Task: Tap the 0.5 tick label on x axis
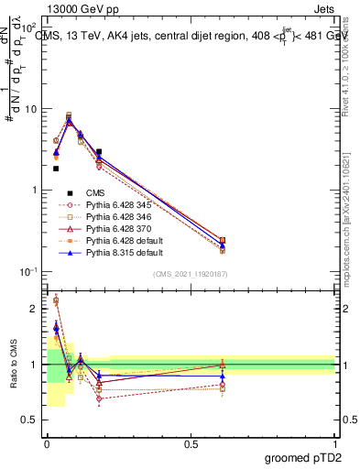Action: click(191, 442)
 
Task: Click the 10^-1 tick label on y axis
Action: click(31, 271)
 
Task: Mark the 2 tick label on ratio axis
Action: click(38, 309)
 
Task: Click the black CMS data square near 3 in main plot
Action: click(98, 152)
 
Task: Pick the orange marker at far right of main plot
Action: click(223, 239)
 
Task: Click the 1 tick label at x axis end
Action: click(334, 442)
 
